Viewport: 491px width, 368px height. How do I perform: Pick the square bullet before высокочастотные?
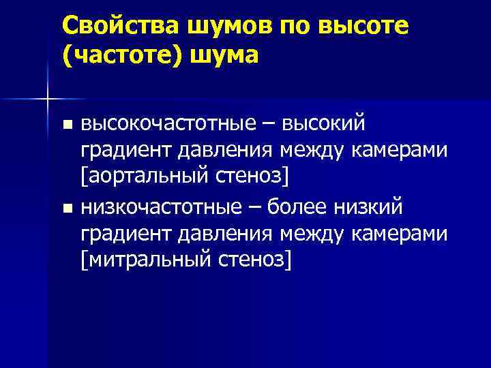(x=66, y=125)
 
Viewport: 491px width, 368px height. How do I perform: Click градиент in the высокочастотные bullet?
(x=128, y=150)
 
